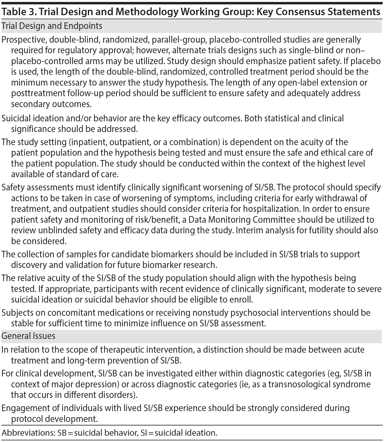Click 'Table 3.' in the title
tap(18, 12)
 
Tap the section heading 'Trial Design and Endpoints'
tap(52, 26)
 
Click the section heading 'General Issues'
tap(28, 336)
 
